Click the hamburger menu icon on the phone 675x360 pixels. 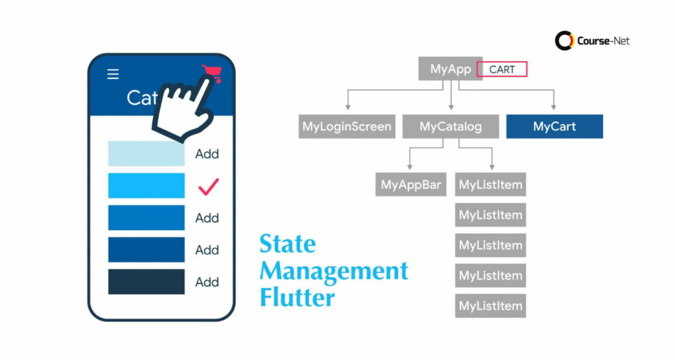[113, 74]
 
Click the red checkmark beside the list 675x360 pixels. [208, 187]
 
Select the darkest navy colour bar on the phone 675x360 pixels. [146, 282]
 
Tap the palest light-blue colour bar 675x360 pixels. [146, 154]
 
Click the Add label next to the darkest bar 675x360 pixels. [207, 282]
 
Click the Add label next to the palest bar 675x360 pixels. [207, 154]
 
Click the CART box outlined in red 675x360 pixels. [502, 69]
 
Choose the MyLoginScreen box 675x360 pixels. [347, 127]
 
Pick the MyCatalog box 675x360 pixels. [450, 127]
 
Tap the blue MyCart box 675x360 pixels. [554, 127]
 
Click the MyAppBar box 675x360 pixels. [411, 185]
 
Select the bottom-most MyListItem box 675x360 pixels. [490, 306]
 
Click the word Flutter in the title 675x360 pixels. [297, 297]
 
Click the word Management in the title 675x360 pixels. [334, 270]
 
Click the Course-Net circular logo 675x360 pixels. [565, 41]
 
